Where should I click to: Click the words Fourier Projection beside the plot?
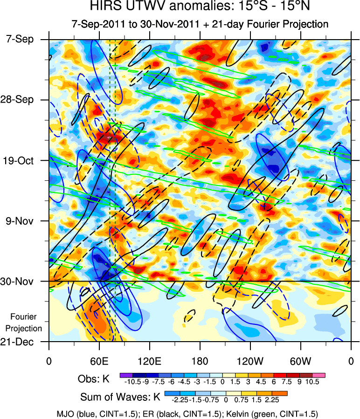click(x=27, y=323)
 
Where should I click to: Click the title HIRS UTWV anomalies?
click(x=200, y=7)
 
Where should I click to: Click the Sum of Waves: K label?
click(x=120, y=398)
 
